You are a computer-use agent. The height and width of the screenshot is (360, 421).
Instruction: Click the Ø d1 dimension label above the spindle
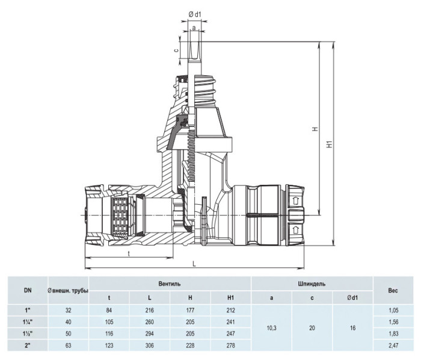[x=194, y=15]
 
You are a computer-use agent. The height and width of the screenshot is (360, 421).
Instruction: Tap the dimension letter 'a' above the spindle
[x=194, y=28]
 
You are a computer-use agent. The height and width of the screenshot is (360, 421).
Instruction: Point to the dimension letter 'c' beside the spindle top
[x=176, y=50]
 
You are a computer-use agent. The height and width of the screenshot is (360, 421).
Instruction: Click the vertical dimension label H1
[x=330, y=144]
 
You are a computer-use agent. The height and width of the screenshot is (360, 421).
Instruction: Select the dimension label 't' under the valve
[x=129, y=253]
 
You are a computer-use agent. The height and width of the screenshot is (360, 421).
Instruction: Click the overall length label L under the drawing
[x=194, y=264]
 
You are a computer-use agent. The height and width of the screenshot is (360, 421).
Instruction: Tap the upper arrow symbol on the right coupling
[x=295, y=200]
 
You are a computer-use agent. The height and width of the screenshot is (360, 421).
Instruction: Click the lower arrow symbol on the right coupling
[x=295, y=230]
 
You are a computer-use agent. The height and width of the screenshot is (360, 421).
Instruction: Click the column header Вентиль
[x=170, y=284]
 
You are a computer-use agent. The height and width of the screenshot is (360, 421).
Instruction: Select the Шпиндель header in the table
[x=312, y=284]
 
